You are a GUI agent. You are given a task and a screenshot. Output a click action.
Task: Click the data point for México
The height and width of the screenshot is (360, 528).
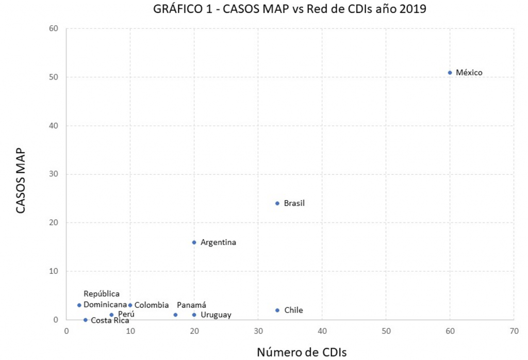click(x=450, y=73)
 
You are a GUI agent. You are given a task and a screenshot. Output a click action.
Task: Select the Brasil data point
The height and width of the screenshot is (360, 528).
click(x=277, y=203)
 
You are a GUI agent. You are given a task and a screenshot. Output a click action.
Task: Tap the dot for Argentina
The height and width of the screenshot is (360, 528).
click(x=194, y=242)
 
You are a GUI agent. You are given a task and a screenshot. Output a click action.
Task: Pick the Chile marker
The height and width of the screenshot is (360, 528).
click(x=277, y=310)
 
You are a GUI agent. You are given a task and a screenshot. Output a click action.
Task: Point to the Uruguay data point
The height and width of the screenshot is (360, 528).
click(x=194, y=315)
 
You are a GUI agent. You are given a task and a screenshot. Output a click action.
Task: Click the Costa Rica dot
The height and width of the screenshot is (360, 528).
click(x=86, y=320)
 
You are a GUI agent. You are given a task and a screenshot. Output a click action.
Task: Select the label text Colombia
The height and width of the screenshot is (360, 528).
click(x=152, y=305)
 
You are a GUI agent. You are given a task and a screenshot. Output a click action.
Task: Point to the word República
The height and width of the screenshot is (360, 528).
click(x=102, y=294)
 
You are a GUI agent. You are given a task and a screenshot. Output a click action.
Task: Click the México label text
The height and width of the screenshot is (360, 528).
click(x=469, y=73)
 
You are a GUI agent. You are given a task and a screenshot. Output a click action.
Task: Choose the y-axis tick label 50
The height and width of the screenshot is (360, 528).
click(x=54, y=77)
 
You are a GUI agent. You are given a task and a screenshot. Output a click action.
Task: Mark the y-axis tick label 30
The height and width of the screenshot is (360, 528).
click(x=54, y=174)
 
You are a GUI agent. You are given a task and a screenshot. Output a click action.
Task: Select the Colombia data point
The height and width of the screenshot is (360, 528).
click(x=130, y=305)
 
